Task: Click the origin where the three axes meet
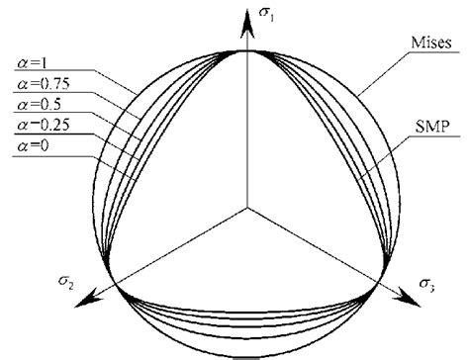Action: click(246, 209)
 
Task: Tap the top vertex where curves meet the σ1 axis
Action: click(246, 49)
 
